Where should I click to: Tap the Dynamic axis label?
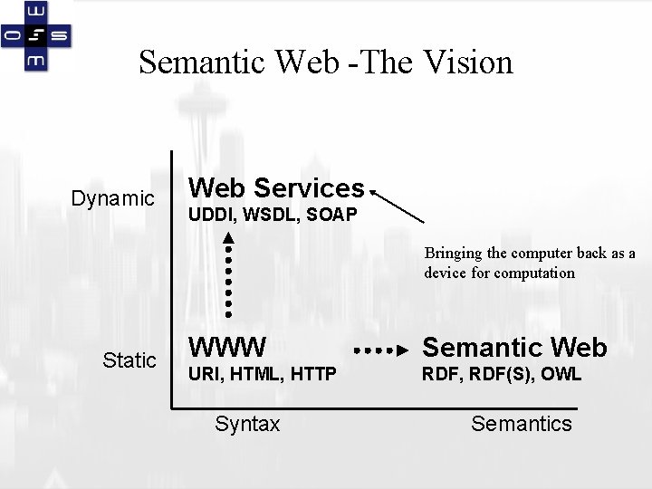[x=113, y=197]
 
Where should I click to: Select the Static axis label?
[x=129, y=360]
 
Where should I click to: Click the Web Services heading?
[x=275, y=188]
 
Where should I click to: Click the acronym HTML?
[x=250, y=374]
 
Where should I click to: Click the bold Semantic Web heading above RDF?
[x=515, y=347]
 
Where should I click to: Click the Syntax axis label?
[x=247, y=424]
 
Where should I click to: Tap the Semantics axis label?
[x=522, y=424]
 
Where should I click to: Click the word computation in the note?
[x=534, y=273]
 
